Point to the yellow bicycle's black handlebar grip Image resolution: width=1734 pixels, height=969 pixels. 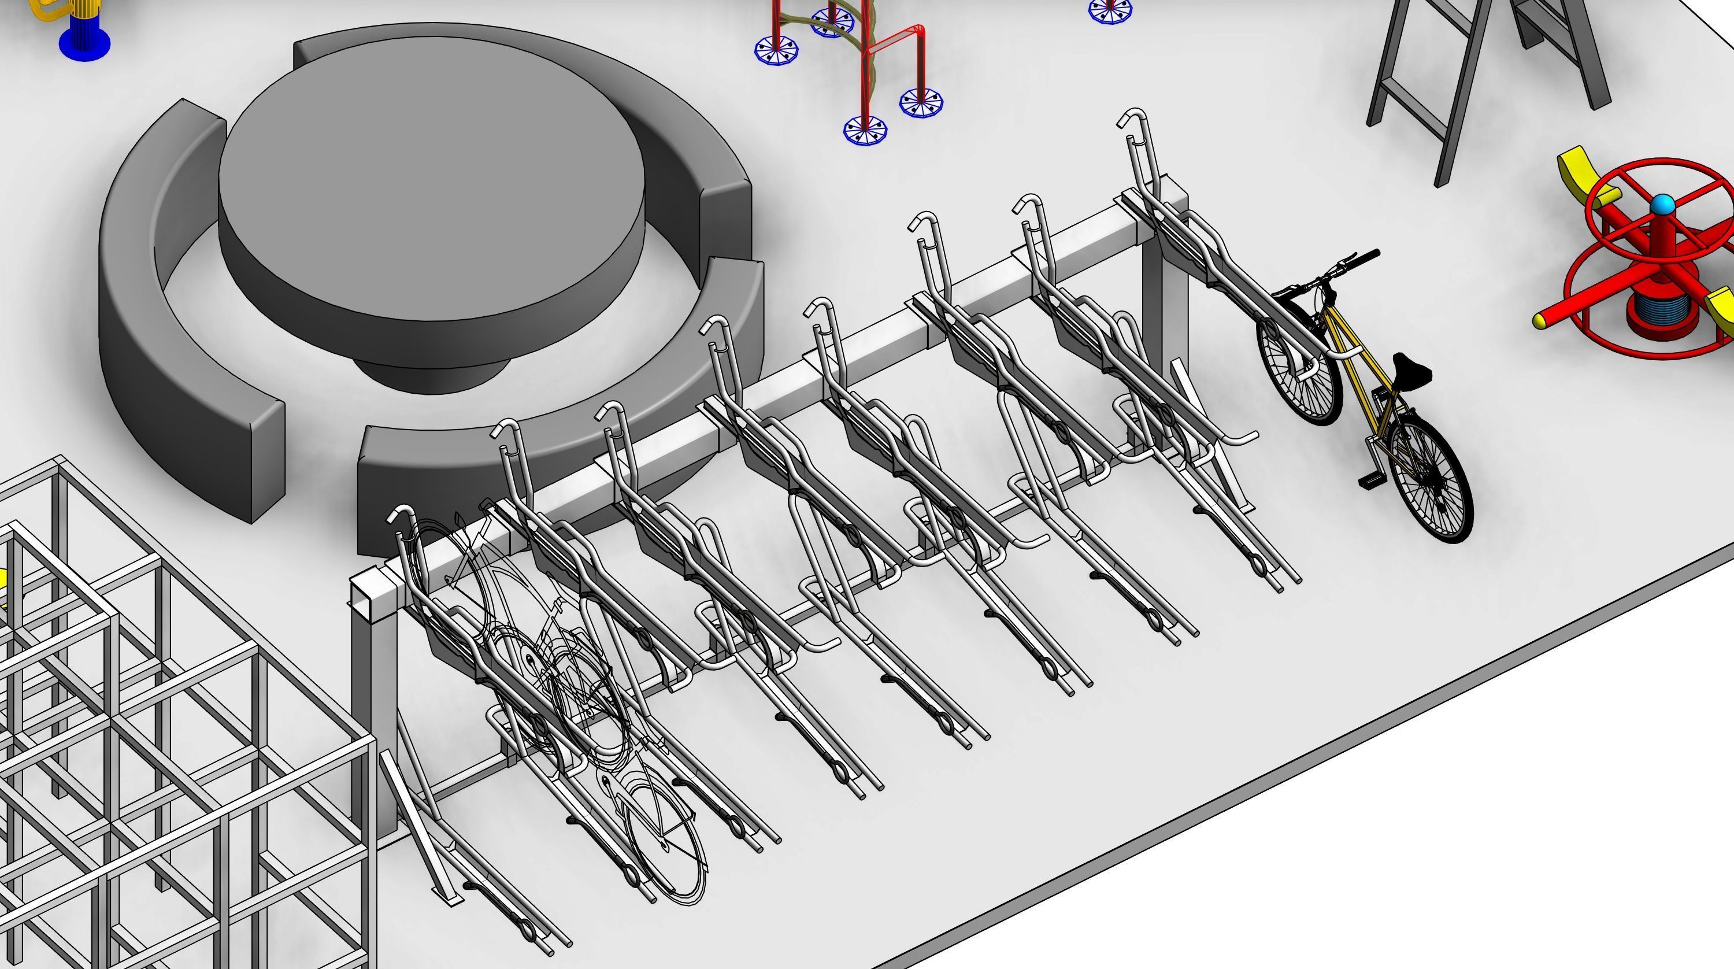tap(1366, 256)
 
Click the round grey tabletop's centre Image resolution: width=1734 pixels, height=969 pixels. tap(431, 175)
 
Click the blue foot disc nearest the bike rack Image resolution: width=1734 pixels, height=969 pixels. tap(865, 130)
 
